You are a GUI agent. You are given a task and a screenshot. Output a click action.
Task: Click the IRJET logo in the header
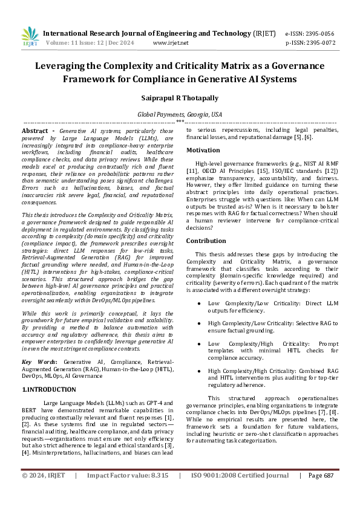point(30,37)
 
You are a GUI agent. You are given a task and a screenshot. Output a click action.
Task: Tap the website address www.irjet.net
point(171,43)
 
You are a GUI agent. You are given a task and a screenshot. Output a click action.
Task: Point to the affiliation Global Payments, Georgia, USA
point(180,114)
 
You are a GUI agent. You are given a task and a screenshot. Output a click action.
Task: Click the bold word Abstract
point(38,131)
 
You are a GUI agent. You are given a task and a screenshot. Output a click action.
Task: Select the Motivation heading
point(203,150)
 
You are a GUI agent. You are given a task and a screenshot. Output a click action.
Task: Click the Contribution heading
point(206,241)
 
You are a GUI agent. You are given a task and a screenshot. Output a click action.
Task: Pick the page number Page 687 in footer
point(321,493)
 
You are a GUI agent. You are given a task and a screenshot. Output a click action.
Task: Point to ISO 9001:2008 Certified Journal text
point(240,493)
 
